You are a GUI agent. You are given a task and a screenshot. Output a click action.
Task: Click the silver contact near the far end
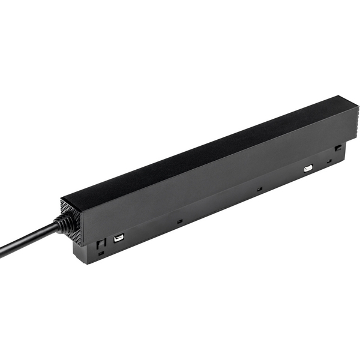[x=308, y=169]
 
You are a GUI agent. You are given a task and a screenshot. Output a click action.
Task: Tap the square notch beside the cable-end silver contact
[x=101, y=244]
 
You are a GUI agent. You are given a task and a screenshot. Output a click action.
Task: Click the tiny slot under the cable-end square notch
[x=100, y=253]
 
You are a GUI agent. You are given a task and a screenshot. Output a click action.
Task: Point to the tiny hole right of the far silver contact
[x=329, y=161]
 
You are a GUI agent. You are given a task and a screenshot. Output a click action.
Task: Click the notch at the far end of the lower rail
[x=338, y=147]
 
